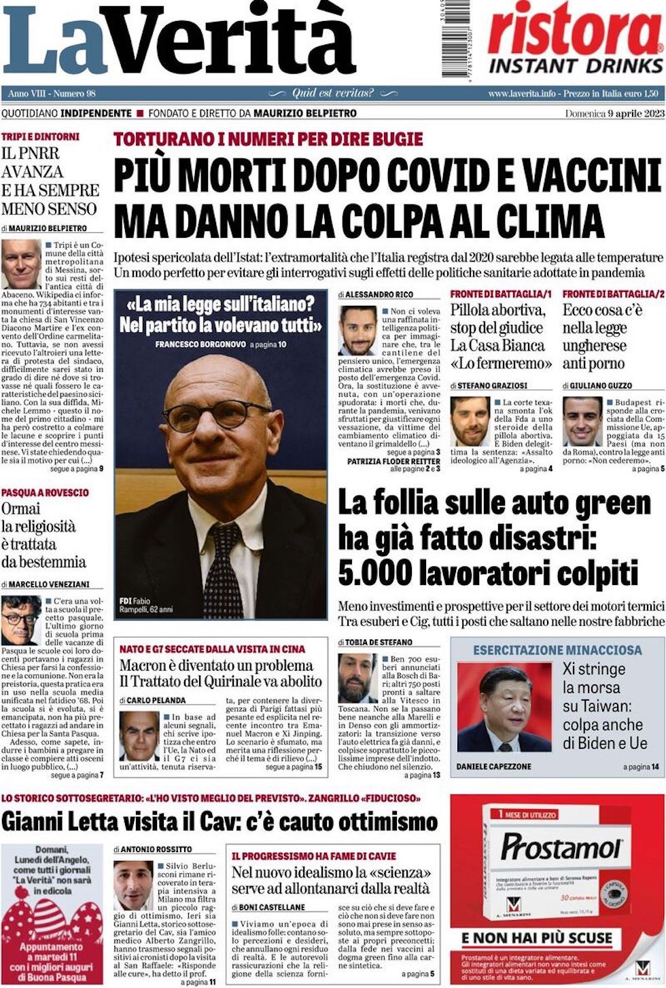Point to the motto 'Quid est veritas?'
point(332,93)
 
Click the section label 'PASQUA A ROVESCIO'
point(45,492)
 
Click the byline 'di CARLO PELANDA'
point(152,700)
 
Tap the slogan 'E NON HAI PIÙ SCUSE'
point(538,938)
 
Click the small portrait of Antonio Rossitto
point(133,886)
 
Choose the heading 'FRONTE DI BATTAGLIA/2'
point(613,294)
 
